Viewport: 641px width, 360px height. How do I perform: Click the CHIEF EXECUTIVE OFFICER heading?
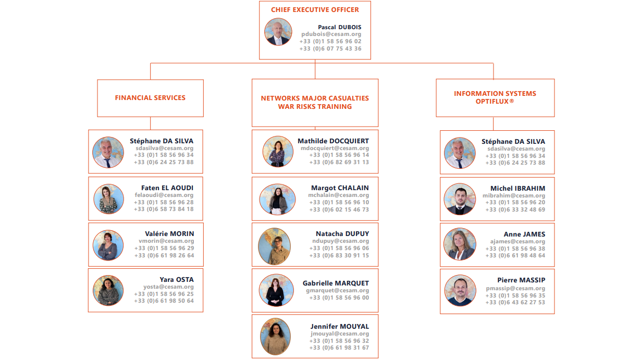(315, 9)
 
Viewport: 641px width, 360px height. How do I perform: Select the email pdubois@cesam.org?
(331, 34)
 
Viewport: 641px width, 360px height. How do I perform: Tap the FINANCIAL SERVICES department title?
(150, 97)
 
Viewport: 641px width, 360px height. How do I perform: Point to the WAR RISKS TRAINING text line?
(315, 106)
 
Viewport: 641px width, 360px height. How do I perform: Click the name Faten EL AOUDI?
(167, 188)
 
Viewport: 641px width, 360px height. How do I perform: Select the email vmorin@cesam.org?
(166, 241)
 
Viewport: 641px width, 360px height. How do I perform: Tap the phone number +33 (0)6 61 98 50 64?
(164, 301)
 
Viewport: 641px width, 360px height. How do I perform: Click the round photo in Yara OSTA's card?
(108, 290)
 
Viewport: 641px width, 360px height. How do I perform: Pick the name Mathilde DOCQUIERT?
(333, 141)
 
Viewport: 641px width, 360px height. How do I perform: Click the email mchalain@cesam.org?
(338, 195)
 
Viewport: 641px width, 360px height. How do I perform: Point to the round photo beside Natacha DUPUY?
(274, 246)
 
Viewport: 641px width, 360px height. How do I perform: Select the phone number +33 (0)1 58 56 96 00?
(339, 298)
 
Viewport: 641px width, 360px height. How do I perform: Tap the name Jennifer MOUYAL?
(340, 327)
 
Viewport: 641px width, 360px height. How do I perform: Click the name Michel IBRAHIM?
(517, 188)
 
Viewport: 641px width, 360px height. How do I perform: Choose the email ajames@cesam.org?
(517, 242)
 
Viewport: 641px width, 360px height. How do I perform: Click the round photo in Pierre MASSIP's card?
(460, 290)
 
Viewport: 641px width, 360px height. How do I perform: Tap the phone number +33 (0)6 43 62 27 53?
(515, 303)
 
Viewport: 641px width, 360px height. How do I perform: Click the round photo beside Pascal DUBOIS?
(278, 32)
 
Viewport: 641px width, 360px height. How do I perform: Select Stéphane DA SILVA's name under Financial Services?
(162, 141)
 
